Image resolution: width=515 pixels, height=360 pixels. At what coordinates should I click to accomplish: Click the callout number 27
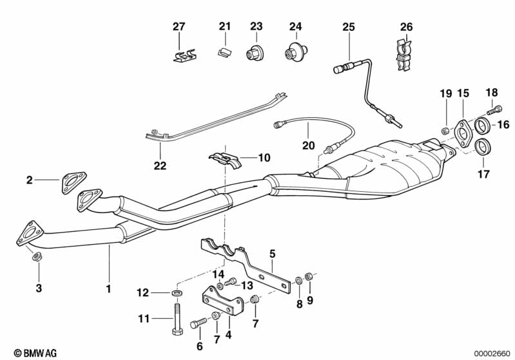pyautogui.click(x=179, y=26)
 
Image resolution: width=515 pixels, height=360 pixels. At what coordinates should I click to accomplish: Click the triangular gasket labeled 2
pyautogui.click(x=73, y=182)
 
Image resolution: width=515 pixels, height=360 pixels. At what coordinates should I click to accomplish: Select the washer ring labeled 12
pyautogui.click(x=177, y=292)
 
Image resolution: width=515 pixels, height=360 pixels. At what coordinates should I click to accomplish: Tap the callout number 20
pyautogui.click(x=308, y=145)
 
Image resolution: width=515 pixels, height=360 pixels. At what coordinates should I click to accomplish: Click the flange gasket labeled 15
pyautogui.click(x=463, y=134)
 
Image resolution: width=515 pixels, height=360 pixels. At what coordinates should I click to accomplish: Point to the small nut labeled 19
pyautogui.click(x=445, y=131)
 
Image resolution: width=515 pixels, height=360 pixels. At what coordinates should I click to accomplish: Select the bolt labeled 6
pyautogui.click(x=199, y=323)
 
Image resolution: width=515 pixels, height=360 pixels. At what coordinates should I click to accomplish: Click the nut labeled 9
pyautogui.click(x=309, y=276)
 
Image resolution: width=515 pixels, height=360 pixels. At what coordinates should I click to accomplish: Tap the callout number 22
pyautogui.click(x=160, y=166)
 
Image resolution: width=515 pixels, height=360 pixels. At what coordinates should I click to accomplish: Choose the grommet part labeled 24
pyautogui.click(x=296, y=52)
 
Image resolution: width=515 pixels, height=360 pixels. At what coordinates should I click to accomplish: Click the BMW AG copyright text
pyautogui.click(x=35, y=353)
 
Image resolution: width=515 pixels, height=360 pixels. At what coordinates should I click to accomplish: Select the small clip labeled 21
pyautogui.click(x=225, y=52)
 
